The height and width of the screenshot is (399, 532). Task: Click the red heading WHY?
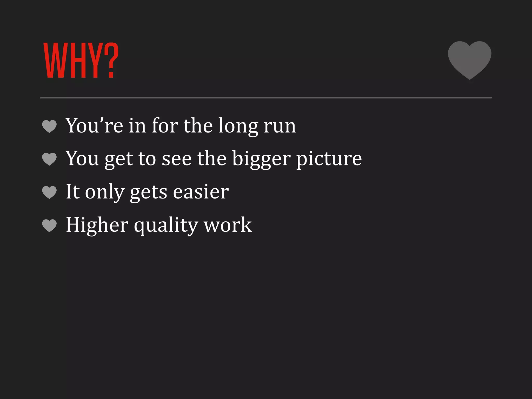click(81, 60)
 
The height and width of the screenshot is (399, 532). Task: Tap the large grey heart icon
click(469, 59)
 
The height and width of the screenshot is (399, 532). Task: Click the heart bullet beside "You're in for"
click(49, 126)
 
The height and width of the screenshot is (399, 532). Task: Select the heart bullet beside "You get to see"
click(49, 159)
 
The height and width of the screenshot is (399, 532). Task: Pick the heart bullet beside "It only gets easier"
click(49, 192)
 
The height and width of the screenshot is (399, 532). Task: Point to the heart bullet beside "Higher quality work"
click(49, 225)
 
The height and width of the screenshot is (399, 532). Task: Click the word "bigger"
click(261, 159)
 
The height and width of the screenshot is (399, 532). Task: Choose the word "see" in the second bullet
click(177, 159)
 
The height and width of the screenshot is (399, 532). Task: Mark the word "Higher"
click(97, 225)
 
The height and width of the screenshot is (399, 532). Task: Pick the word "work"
click(228, 225)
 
